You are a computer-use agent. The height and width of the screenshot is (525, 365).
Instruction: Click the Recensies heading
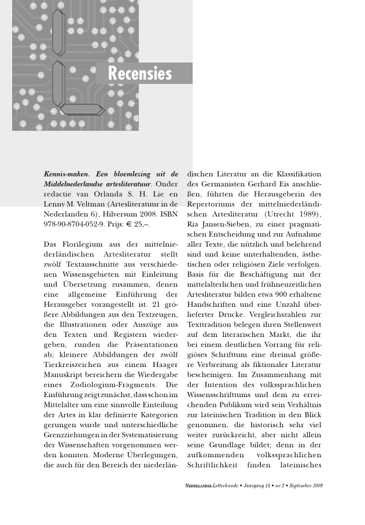[140, 74]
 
